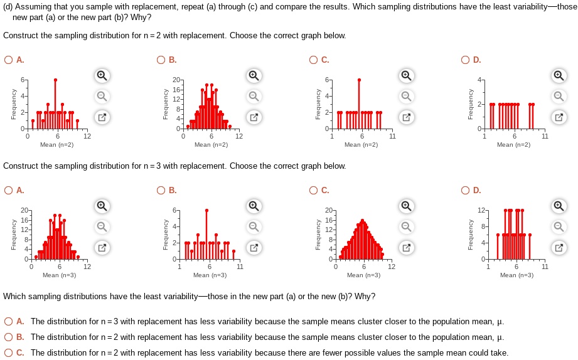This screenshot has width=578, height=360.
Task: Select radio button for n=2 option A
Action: click(8, 60)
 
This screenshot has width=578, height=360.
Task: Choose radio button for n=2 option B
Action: click(164, 60)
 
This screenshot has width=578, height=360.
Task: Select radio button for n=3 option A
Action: click(8, 191)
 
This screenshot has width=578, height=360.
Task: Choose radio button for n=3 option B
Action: click(164, 191)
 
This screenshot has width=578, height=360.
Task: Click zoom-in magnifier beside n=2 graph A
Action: click(101, 76)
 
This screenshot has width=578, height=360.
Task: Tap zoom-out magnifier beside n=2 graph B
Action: click(253, 96)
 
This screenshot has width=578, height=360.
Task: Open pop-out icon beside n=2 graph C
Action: click(406, 117)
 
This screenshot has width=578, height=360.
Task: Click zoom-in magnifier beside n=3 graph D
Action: click(558, 206)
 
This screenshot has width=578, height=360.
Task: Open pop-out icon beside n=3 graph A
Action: click(101, 247)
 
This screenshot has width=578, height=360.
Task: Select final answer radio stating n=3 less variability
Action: click(8, 322)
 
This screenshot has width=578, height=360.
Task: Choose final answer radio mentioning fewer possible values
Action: click(8, 352)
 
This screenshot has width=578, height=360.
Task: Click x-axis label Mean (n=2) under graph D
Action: click(513, 145)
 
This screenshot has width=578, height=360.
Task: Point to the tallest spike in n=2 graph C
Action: click(359, 80)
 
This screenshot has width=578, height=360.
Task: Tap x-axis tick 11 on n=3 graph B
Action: click(239, 267)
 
